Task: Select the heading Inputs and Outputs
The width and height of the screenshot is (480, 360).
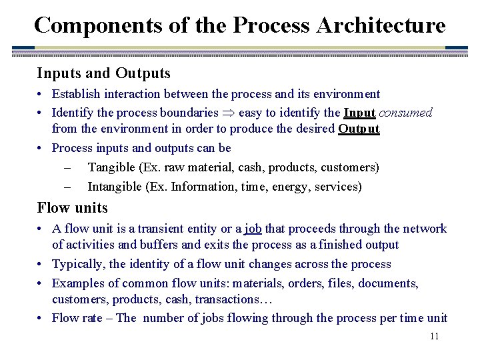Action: (x=103, y=73)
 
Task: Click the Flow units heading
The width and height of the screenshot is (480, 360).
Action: (x=72, y=207)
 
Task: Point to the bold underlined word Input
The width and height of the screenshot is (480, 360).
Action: (x=360, y=113)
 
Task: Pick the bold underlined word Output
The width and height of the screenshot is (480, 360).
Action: (x=359, y=129)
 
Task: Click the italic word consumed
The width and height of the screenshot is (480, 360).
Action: (x=405, y=113)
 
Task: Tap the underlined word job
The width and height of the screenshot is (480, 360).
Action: (x=253, y=229)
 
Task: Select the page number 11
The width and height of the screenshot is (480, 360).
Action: (x=434, y=336)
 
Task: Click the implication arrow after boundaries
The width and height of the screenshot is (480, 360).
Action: (x=228, y=113)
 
